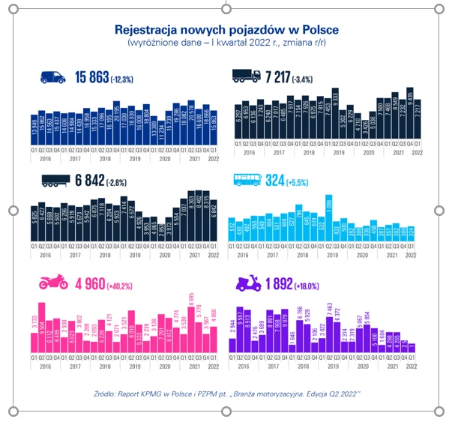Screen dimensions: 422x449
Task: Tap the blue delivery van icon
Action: [53, 76]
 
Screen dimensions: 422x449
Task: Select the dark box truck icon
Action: [247, 76]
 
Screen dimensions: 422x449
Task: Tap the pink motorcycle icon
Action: [54, 285]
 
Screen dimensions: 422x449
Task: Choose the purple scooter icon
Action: [247, 285]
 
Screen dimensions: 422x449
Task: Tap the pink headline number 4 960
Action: [91, 285]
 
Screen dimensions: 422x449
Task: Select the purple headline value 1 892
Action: [283, 285]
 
